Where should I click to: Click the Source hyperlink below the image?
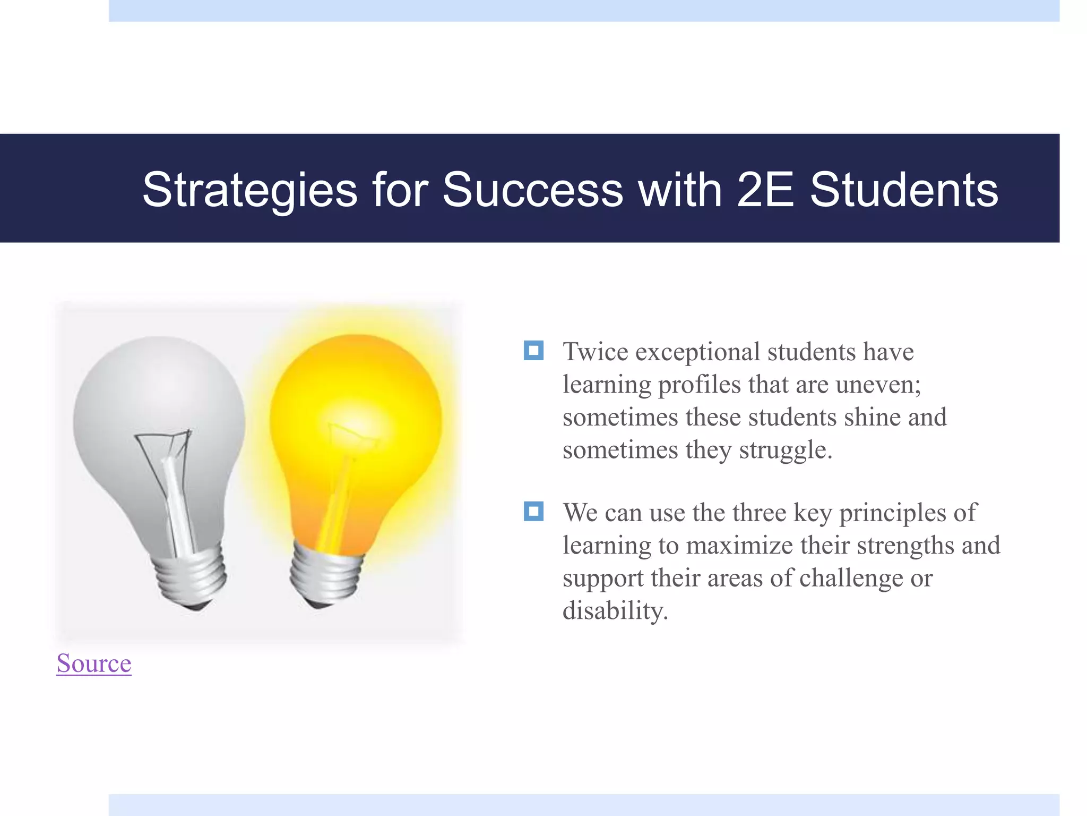pyautogui.click(x=94, y=664)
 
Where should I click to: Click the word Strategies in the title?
pyautogui.click(x=249, y=190)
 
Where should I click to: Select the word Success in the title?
pyautogui.click(x=532, y=190)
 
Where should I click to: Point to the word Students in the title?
pyautogui.click(x=903, y=190)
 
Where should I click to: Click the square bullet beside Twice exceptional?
pyautogui.click(x=533, y=351)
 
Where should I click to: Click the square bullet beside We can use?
pyautogui.click(x=533, y=512)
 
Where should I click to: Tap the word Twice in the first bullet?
pyautogui.click(x=596, y=352)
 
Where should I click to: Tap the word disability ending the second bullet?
pyautogui.click(x=615, y=611)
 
